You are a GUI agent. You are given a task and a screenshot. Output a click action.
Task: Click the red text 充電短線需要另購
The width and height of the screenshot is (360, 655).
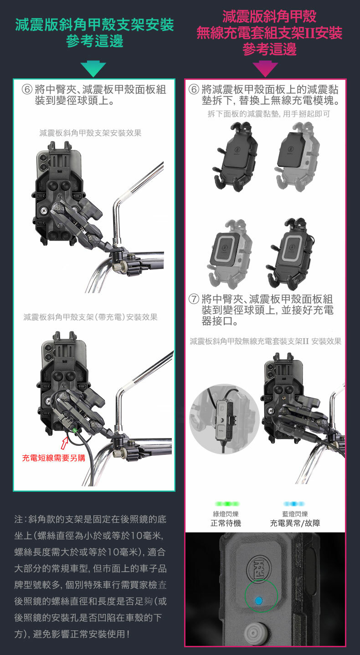pyautogui.click(x=54, y=458)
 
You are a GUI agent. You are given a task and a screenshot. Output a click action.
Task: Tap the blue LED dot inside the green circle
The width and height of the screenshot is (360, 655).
pyautogui.click(x=258, y=601)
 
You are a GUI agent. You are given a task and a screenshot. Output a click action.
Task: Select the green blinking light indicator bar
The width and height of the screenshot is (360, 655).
pyautogui.click(x=227, y=504)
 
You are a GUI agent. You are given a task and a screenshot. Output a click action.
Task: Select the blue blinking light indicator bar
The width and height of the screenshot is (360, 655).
pyautogui.click(x=294, y=504)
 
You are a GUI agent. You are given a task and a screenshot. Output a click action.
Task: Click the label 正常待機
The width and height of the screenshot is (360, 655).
pyautogui.click(x=226, y=523)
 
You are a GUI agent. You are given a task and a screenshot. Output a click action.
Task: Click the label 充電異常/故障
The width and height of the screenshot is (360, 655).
pyautogui.click(x=295, y=523)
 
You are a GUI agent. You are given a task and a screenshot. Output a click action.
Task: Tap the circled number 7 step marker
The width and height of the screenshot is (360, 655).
pyautogui.click(x=194, y=299)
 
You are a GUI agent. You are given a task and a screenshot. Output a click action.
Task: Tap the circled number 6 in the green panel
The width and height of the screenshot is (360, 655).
pyautogui.click(x=27, y=89)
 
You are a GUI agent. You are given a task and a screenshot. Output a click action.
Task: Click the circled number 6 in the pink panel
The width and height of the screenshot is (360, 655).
pyautogui.click(x=194, y=89)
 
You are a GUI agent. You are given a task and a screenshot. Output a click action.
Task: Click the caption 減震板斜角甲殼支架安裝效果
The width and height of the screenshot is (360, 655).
pyautogui.click(x=90, y=133)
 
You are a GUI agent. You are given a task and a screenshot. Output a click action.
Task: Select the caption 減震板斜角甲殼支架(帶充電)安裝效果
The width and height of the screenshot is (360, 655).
pyautogui.click(x=90, y=317)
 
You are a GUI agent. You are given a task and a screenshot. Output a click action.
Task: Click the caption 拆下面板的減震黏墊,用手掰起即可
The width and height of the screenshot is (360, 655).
pyautogui.click(x=269, y=114)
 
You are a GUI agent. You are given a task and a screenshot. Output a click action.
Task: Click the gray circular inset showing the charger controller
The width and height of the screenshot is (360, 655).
pyautogui.click(x=224, y=419)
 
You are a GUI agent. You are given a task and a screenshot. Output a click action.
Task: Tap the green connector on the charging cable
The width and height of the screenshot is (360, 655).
pyautogui.click(x=74, y=430)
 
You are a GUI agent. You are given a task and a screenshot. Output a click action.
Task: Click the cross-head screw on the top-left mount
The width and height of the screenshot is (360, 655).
pyautogui.click(x=44, y=210)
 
